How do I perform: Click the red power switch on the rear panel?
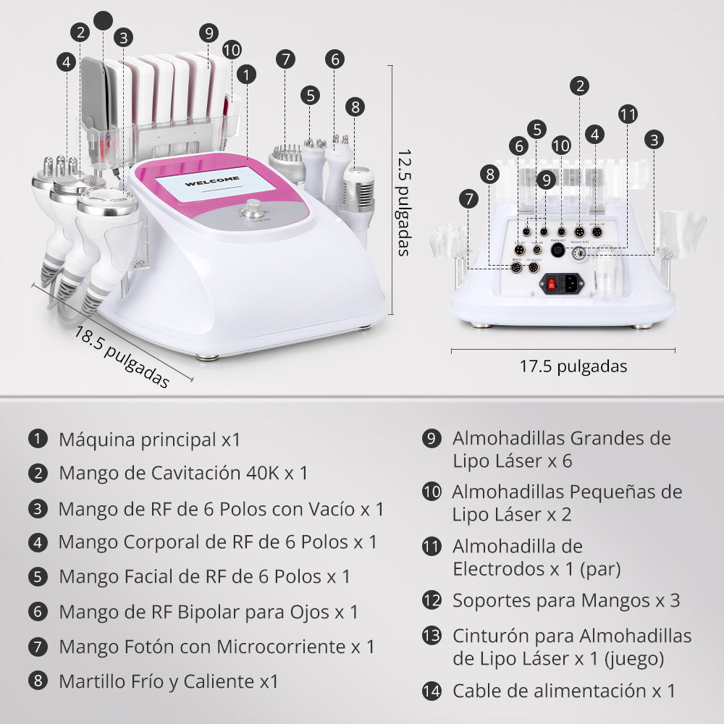pos(552,284)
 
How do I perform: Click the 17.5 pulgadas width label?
pos(573,366)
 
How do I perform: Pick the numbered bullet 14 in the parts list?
pos(432,691)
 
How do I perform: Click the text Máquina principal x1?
pos(149,439)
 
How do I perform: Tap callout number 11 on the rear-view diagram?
pos(628,114)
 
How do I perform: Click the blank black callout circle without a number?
pos(104,20)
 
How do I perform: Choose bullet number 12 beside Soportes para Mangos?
pos(432,600)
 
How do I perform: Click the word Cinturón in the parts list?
pos(485,636)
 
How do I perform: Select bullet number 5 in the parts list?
pos(38,576)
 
